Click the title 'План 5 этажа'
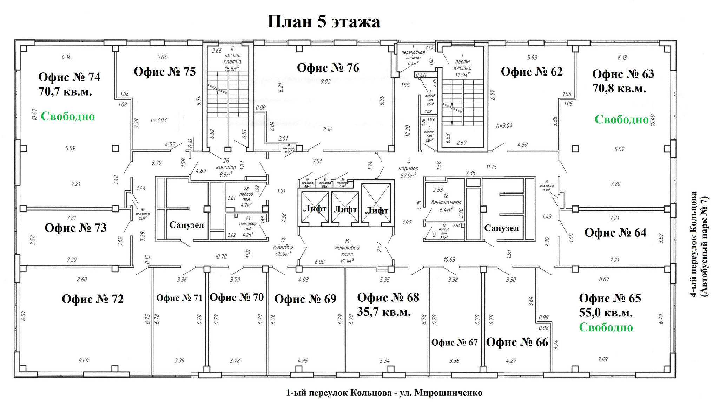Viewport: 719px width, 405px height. (323, 22)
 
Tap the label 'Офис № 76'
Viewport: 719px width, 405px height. (328, 68)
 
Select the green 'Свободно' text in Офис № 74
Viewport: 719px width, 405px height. (68, 116)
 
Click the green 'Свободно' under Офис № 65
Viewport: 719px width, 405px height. (606, 327)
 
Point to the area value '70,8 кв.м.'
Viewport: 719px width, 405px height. (619, 89)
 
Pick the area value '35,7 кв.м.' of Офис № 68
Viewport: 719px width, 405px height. (384, 312)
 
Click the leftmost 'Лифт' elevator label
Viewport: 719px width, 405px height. (315, 209)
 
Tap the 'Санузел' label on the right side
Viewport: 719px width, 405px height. (501, 228)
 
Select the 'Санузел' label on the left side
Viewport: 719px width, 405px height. (186, 225)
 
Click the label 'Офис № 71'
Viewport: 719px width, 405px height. (179, 298)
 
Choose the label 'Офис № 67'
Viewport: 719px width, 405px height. (454, 342)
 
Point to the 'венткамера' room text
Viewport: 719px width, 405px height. (446, 203)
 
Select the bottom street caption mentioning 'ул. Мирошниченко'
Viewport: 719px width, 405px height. (384, 393)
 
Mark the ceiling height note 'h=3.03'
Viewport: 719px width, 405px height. (159, 120)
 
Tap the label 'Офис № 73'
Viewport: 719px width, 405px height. (75, 228)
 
